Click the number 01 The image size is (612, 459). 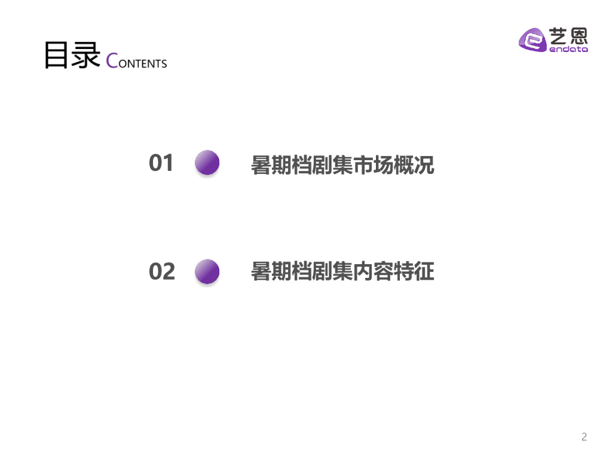pyautogui.click(x=161, y=163)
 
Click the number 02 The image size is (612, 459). pyautogui.click(x=162, y=271)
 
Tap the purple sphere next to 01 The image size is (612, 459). pyautogui.click(x=207, y=163)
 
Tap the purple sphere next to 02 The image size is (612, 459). pyautogui.click(x=207, y=271)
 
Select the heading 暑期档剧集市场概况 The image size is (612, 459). pyautogui.click(x=342, y=165)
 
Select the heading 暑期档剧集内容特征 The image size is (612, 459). pyautogui.click(x=342, y=272)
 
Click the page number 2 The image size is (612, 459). pyautogui.click(x=584, y=437)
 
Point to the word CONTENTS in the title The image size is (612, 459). pyautogui.click(x=136, y=62)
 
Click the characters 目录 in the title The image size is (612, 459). pyautogui.click(x=71, y=56)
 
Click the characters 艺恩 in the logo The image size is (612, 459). pyautogui.click(x=568, y=37)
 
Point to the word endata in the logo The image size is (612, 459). pyautogui.click(x=568, y=50)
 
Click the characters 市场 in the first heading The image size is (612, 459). pyautogui.click(x=373, y=165)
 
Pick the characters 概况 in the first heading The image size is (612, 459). pyautogui.click(x=414, y=165)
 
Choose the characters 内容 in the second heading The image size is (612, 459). pyautogui.click(x=373, y=272)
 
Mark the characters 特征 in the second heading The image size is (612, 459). pyautogui.click(x=414, y=272)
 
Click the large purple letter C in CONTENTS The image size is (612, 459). pyautogui.click(x=112, y=61)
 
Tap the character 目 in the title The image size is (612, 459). pyautogui.click(x=57, y=56)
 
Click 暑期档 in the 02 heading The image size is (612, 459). pyautogui.click(x=281, y=272)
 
